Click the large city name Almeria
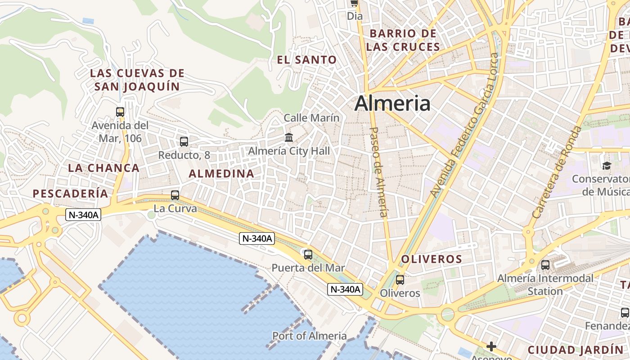point(392,103)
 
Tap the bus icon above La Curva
point(175,195)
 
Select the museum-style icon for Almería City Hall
point(289,137)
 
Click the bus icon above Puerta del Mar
point(308,255)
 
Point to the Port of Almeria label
point(310,336)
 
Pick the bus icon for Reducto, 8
point(184,142)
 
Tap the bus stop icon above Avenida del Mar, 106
point(120,112)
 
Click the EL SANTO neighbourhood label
point(307,59)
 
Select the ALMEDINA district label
point(221,173)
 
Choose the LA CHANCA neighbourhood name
point(104,168)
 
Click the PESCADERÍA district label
point(71,193)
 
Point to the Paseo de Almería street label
point(378,172)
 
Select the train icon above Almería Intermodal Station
point(545,265)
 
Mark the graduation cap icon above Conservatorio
point(607,166)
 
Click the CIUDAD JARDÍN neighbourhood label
point(576,350)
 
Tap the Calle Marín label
point(311,118)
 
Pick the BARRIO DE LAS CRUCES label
point(403,40)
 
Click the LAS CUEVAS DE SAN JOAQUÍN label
point(137,80)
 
